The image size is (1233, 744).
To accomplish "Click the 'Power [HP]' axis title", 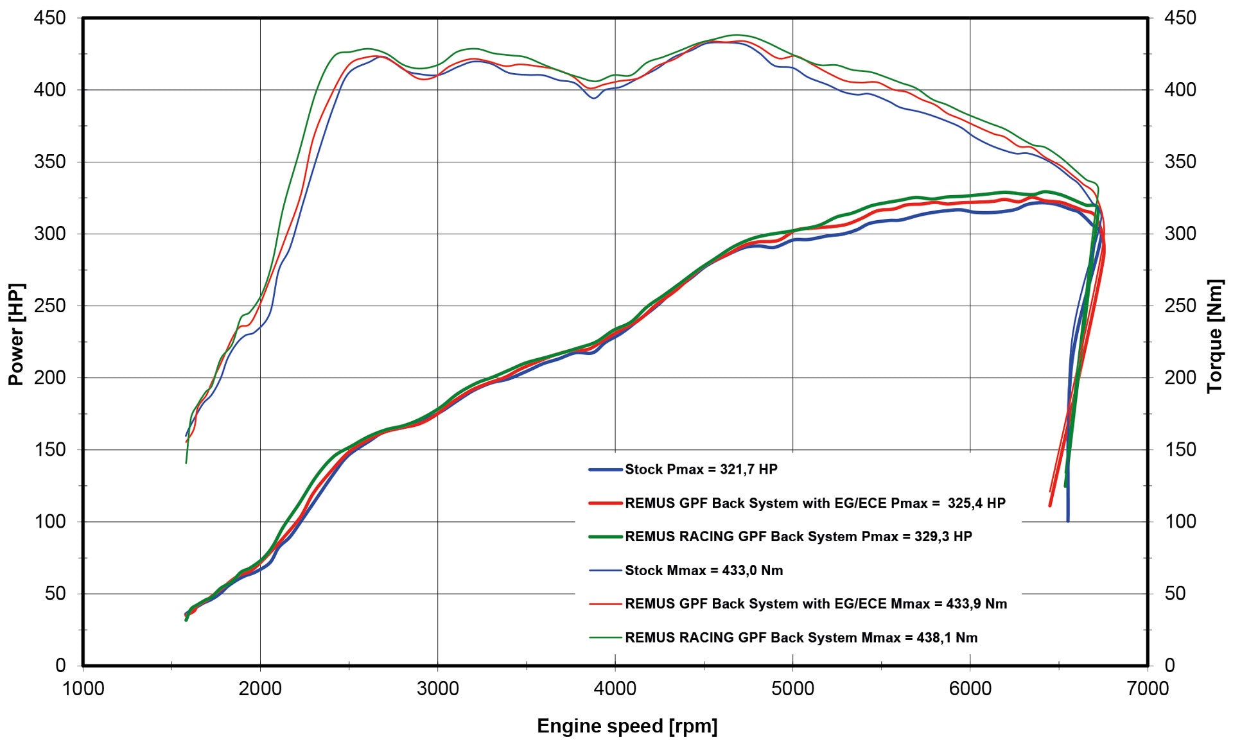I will [16, 334].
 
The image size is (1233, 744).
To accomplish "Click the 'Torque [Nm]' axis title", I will [1215, 336].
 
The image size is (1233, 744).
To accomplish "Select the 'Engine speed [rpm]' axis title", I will [627, 726].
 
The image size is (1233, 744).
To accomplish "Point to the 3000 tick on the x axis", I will [437, 689].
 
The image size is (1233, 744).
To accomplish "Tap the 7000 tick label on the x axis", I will [1148, 689].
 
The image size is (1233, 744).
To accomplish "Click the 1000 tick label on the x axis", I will [83, 689].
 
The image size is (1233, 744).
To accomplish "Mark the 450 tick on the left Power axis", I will [49, 18].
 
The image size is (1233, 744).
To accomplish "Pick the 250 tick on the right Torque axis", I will [1180, 306].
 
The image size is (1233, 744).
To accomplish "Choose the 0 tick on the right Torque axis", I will [1170, 665].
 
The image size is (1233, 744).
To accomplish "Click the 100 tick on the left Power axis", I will [49, 521].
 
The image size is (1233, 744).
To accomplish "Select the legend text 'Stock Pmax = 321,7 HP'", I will [701, 469].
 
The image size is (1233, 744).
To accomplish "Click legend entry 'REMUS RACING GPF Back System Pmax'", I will [798, 537].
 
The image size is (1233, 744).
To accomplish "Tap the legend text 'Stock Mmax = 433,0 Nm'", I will [704, 571].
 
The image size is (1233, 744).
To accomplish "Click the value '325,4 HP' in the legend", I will [976, 503].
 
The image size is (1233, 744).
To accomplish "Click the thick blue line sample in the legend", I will [606, 470].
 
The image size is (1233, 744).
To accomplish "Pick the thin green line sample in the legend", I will [606, 638].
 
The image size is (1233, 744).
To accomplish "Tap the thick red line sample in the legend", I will [606, 503].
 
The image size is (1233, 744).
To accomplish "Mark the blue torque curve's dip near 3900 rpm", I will [593, 98].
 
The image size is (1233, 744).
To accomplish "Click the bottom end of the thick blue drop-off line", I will [1068, 520].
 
